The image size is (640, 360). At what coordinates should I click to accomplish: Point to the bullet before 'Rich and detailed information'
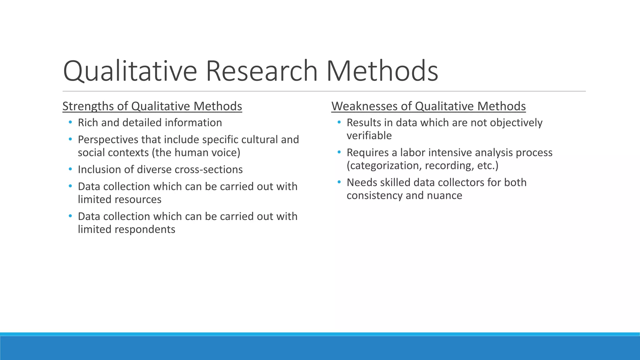coord(70,122)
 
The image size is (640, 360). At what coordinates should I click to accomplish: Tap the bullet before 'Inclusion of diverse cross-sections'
coord(70,169)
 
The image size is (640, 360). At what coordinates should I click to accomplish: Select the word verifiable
coord(369,136)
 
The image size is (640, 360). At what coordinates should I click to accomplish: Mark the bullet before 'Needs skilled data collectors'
coord(339,182)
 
